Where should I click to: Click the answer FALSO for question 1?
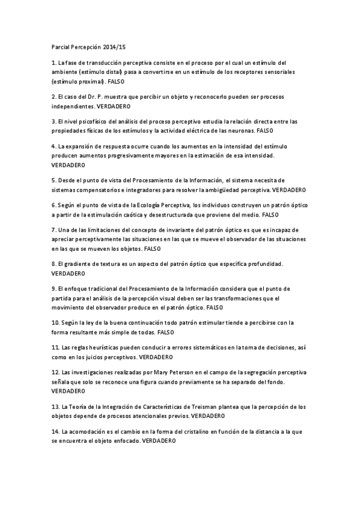(115, 81)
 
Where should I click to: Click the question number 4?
(54, 146)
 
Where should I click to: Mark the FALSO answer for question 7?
(153, 248)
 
